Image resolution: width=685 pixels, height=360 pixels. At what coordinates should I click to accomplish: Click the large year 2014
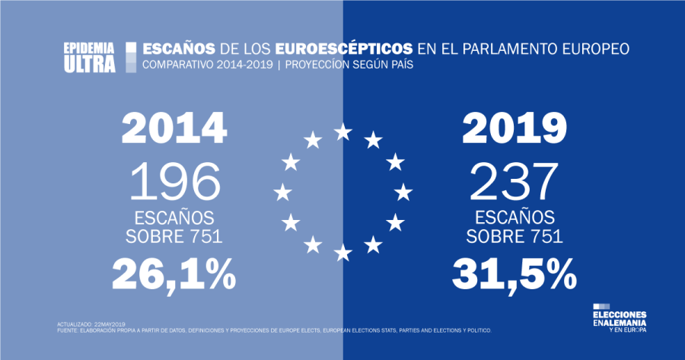point(174,129)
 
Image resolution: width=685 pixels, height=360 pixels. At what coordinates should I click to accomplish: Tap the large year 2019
point(515,129)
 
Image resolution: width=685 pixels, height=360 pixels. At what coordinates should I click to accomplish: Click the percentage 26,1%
point(174,274)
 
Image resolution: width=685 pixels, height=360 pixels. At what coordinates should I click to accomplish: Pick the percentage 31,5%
point(515,274)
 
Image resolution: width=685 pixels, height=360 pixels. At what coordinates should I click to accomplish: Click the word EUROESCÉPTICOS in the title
point(339,49)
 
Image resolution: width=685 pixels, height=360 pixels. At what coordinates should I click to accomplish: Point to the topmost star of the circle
point(343,132)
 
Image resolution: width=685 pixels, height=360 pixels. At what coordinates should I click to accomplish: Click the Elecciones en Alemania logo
point(620,322)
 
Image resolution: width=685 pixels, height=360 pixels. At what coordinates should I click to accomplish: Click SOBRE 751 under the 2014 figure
point(174,235)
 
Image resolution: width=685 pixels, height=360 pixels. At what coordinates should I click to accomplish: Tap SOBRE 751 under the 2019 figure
point(515,235)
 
